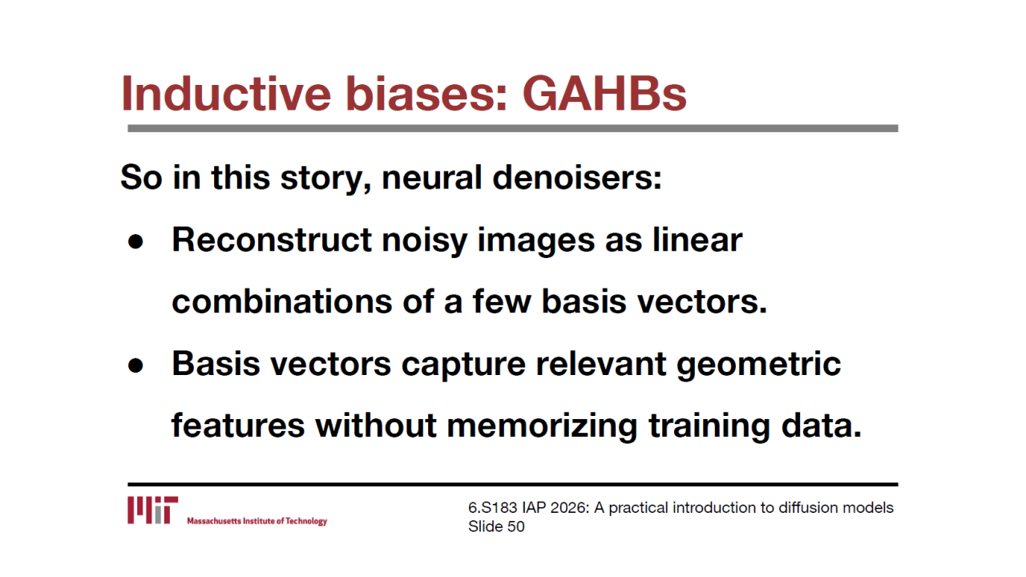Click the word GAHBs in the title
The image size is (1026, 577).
(x=604, y=94)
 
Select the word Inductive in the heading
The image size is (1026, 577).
(x=226, y=94)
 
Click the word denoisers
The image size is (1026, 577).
(x=577, y=177)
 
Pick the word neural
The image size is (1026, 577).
(x=432, y=177)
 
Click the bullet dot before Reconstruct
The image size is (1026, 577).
(x=135, y=241)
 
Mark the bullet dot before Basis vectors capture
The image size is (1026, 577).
(x=135, y=365)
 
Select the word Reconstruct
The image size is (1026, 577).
(x=272, y=240)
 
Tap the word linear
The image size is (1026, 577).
(x=697, y=239)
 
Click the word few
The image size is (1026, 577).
(x=502, y=301)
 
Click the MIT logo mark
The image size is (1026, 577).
(x=152, y=510)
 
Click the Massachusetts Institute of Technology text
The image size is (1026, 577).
(x=257, y=521)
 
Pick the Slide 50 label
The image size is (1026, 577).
(x=496, y=527)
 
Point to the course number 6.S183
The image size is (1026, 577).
(x=492, y=507)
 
